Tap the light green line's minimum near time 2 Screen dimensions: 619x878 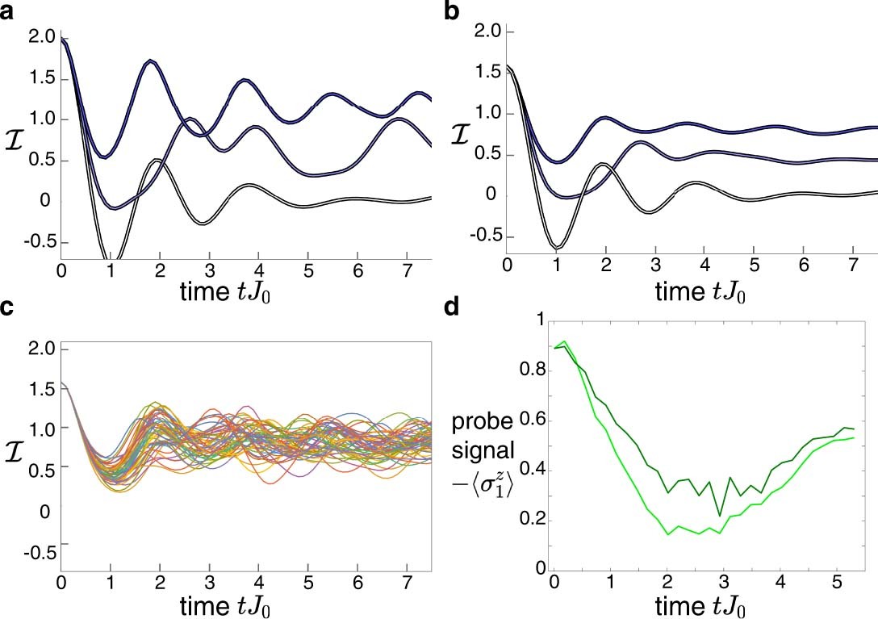[x=669, y=534]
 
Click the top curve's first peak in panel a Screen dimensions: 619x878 [x=150, y=61]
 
